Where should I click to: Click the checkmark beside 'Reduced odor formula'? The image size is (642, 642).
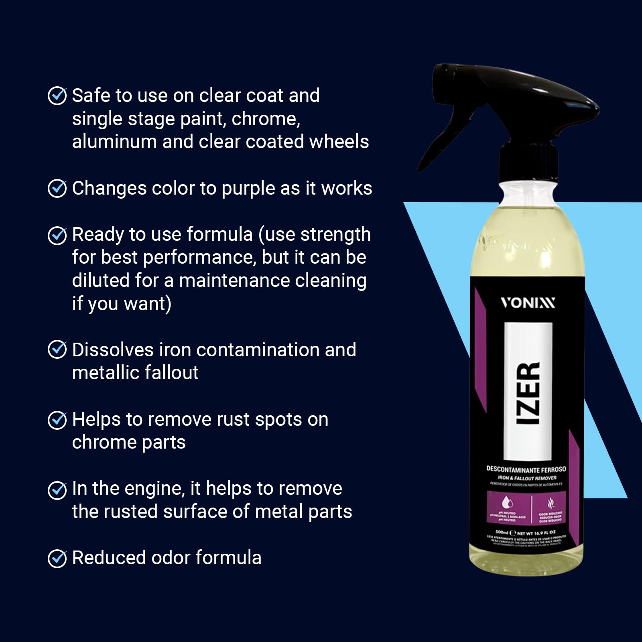pyautogui.click(x=57, y=558)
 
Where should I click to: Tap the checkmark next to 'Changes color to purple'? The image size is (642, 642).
pyautogui.click(x=57, y=189)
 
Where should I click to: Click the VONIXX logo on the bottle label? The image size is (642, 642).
pyautogui.click(x=528, y=303)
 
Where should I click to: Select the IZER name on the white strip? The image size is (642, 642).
pyautogui.click(x=528, y=393)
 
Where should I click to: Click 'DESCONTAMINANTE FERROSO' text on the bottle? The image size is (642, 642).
pyautogui.click(x=526, y=469)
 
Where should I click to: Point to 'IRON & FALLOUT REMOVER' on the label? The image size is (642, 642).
pyautogui.click(x=527, y=478)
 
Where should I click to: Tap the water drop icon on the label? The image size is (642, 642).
pyautogui.click(x=507, y=503)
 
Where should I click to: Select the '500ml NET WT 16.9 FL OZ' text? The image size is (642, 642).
pyautogui.click(x=526, y=533)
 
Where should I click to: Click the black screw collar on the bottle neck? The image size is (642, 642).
pyautogui.click(x=528, y=165)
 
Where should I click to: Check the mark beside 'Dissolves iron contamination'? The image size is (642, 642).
pyautogui.click(x=57, y=349)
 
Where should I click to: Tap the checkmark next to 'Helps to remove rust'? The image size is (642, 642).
pyautogui.click(x=57, y=420)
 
